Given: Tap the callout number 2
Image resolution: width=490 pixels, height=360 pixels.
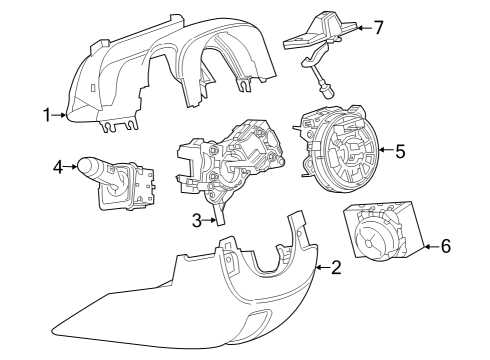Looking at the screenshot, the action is click(336, 268).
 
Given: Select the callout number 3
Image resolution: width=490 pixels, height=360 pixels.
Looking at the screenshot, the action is click(198, 219).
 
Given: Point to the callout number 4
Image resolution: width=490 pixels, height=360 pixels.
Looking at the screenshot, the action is click(58, 166).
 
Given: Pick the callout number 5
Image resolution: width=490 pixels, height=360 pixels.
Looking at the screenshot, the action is click(400, 152).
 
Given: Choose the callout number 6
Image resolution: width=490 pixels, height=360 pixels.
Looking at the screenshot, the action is click(446, 244).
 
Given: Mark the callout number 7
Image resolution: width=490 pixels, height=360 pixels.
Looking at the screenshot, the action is click(378, 27).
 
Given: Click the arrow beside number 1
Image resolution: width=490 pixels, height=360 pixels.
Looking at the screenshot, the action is click(62, 116).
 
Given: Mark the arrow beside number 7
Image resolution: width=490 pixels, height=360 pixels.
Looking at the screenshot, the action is click(363, 27).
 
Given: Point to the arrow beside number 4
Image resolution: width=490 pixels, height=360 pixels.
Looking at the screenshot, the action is click(73, 166).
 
